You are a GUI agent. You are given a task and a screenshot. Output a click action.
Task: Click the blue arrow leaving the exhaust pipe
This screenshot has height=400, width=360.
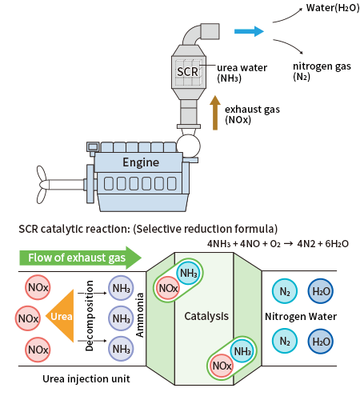pyautogui.click(x=249, y=31)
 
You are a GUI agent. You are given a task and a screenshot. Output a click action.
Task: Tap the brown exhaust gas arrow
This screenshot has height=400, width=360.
pyautogui.click(x=215, y=113)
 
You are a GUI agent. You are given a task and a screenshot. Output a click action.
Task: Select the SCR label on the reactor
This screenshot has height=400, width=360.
pyautogui.click(x=187, y=71)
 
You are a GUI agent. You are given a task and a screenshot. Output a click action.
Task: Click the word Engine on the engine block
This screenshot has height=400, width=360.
pyautogui.click(x=141, y=162)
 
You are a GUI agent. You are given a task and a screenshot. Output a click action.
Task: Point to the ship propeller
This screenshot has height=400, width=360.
pyautogui.click(x=42, y=185)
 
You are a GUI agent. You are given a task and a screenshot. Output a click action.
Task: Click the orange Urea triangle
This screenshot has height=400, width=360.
pyautogui.click(x=62, y=316)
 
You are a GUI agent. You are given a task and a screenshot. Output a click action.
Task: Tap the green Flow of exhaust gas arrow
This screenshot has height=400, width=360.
pyautogui.click(x=80, y=258)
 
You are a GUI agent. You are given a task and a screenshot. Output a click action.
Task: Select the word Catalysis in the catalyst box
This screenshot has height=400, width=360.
pyautogui.click(x=206, y=316)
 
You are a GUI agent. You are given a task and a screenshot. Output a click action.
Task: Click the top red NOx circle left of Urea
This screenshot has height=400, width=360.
pyautogui.click(x=38, y=287)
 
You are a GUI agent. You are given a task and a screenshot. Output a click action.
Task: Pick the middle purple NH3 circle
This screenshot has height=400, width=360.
pyautogui.click(x=121, y=318)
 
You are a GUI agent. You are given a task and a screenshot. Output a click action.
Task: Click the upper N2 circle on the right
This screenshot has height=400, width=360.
pyautogui.click(x=285, y=291)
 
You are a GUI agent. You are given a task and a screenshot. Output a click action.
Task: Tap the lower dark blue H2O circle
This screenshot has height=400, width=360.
pyautogui.click(x=321, y=342)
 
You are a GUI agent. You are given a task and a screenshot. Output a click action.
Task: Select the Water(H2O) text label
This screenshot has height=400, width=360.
pyautogui.click(x=333, y=8)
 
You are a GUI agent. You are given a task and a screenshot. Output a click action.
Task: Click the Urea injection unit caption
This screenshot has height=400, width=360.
pyautogui.click(x=86, y=379)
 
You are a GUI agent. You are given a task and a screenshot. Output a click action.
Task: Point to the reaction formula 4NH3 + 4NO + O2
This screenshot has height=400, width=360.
pyautogui.click(x=244, y=244)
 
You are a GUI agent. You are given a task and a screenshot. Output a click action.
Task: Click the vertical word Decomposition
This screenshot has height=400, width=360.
pyautogui.click(x=89, y=316)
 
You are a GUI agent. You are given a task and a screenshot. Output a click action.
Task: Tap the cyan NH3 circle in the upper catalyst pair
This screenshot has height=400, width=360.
pyautogui.click(x=189, y=273)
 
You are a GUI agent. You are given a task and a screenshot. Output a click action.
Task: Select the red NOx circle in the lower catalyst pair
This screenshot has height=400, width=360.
pyautogui.click(x=222, y=366)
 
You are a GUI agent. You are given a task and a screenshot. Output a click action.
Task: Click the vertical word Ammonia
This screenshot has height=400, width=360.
pyautogui.click(x=140, y=315)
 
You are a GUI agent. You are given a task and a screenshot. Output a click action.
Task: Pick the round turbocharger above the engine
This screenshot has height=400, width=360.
pyautogui.click(x=188, y=146)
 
